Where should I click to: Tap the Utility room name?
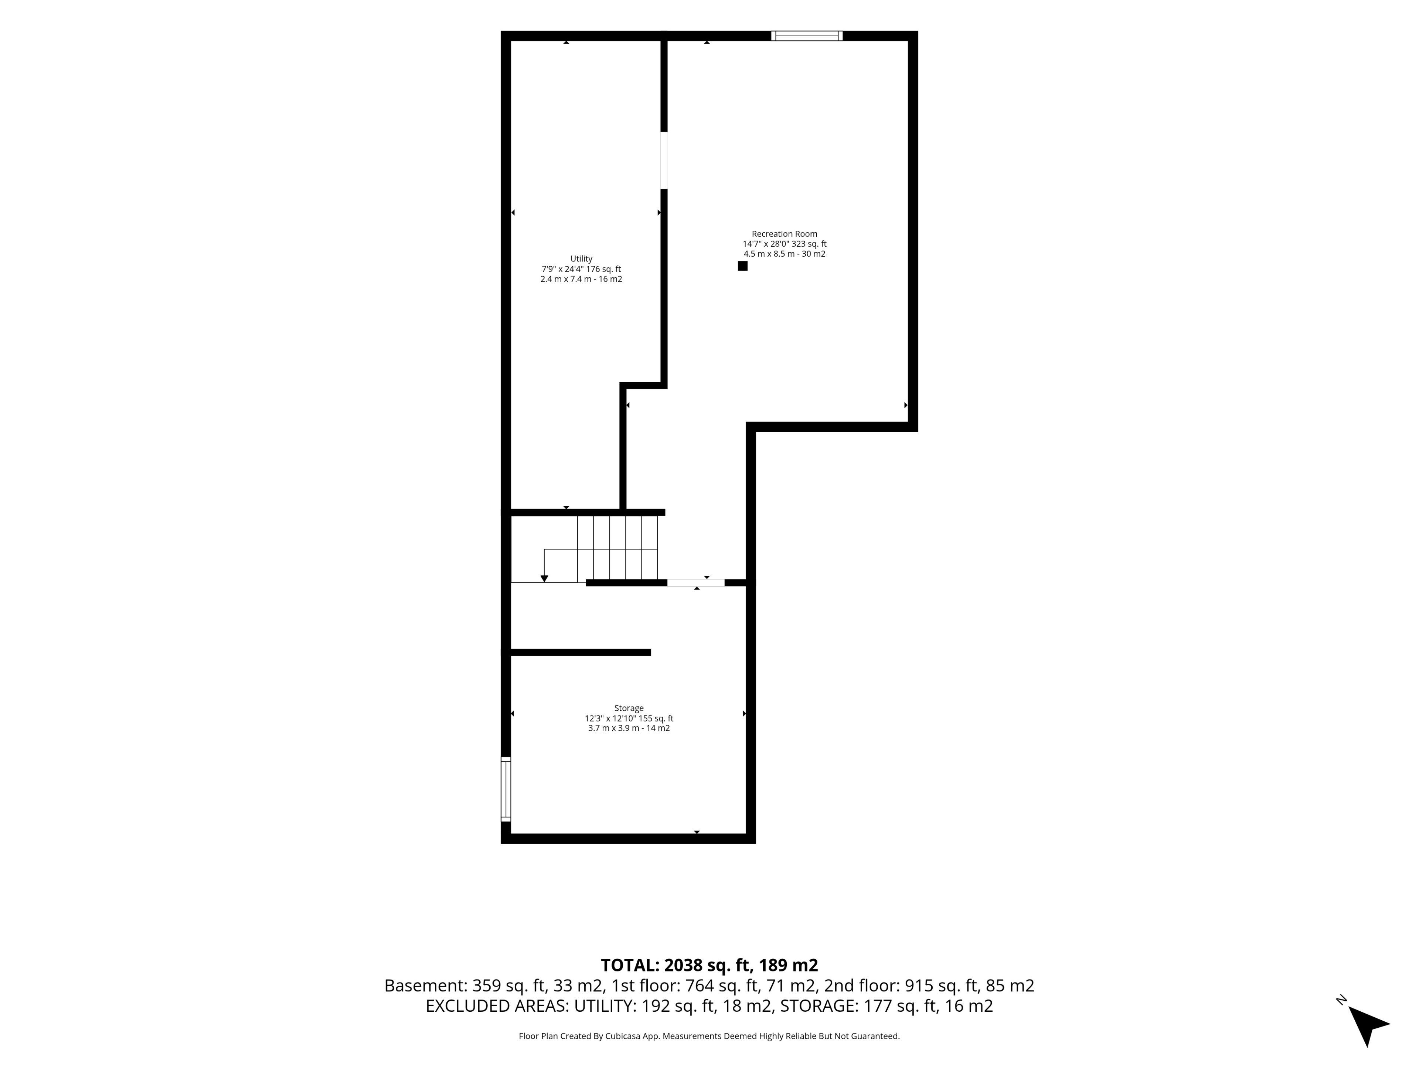tap(581, 259)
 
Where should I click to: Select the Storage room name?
tap(629, 708)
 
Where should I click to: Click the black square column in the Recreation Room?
tap(742, 266)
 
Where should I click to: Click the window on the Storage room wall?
tap(506, 789)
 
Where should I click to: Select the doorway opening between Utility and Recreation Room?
tap(664, 160)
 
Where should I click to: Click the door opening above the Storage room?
tap(696, 583)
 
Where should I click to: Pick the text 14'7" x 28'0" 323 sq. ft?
tap(785, 244)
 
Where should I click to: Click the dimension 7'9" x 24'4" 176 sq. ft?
tap(581, 269)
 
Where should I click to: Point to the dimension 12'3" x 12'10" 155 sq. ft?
tap(629, 719)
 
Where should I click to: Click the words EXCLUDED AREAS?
tap(497, 1006)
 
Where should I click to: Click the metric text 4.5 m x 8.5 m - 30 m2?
tap(785, 254)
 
